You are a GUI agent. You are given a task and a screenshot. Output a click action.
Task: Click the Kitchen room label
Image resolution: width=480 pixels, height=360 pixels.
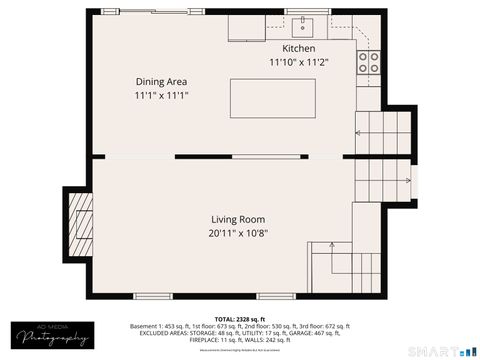click(x=298, y=48)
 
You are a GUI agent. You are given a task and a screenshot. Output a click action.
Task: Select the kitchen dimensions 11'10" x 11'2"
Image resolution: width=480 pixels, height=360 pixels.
click(x=298, y=62)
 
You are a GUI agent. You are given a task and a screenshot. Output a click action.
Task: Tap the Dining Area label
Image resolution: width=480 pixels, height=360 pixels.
click(x=162, y=82)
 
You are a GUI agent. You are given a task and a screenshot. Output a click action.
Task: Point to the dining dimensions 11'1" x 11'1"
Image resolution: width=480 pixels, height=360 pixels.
click(x=162, y=96)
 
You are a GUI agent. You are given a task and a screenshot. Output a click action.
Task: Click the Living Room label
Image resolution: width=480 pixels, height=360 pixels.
click(x=238, y=219)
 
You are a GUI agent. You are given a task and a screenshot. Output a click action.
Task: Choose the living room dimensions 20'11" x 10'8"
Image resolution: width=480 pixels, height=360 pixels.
click(x=238, y=233)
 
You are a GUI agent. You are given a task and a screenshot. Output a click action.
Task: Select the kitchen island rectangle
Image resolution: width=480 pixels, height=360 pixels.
click(x=272, y=100)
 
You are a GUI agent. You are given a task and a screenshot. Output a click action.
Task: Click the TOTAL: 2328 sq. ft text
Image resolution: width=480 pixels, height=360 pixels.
click(x=239, y=318)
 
